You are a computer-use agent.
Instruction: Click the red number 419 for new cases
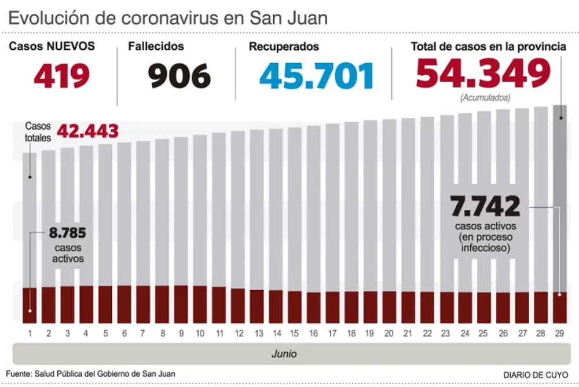(61, 76)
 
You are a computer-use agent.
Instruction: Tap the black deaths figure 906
(179, 76)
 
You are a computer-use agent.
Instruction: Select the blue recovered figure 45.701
(317, 76)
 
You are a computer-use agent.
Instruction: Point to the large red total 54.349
(483, 74)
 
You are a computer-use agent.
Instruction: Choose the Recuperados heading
(284, 46)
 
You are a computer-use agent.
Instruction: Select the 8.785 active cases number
(67, 234)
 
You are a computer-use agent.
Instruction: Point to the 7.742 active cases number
(485, 206)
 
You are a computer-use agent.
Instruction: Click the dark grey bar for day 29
(560, 197)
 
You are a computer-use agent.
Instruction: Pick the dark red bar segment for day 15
(295, 306)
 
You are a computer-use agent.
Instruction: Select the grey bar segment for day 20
(389, 203)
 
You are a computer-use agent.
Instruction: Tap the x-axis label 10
(200, 333)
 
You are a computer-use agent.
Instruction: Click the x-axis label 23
(446, 333)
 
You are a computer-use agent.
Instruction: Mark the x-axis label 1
(30, 333)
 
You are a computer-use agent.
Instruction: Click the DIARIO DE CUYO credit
(536, 374)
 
